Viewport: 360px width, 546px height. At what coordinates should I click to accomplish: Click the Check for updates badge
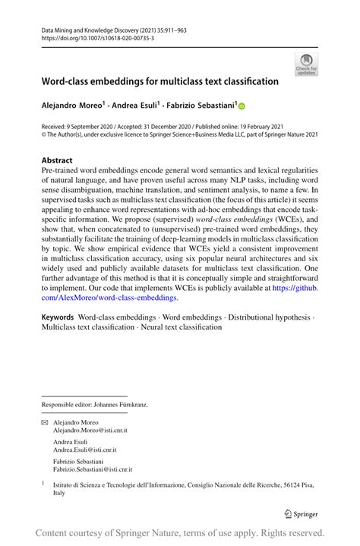coord(307,65)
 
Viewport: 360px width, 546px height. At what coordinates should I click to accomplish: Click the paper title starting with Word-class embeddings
coord(160,80)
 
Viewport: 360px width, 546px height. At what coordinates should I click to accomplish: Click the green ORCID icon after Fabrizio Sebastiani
coord(243,106)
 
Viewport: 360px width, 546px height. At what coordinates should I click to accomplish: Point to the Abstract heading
coord(57,160)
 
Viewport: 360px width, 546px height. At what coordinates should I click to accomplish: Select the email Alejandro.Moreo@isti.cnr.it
coord(90,429)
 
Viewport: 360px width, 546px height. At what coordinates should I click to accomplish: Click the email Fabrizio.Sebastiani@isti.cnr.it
coord(93,469)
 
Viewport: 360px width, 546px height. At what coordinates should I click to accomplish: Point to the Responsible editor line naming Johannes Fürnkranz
coord(95,405)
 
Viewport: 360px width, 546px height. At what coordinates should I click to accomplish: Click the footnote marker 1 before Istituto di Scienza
coord(44,481)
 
